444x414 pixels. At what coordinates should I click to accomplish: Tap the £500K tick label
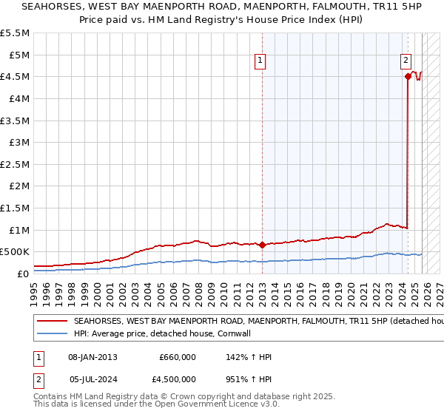pyautogui.click(x=14, y=252)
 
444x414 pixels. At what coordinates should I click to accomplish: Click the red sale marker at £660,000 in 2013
pyautogui.click(x=262, y=245)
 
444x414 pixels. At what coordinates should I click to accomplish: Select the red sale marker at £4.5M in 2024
pyautogui.click(x=408, y=76)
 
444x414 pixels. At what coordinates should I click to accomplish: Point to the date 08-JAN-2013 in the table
pyautogui.click(x=92, y=357)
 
